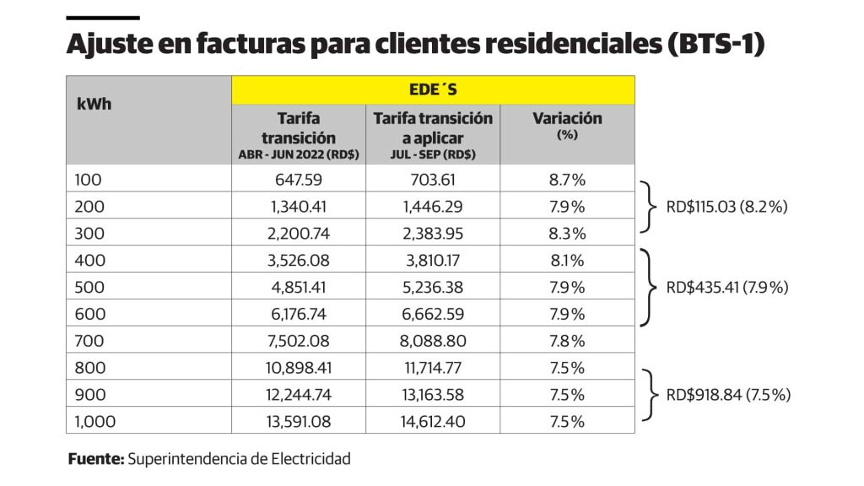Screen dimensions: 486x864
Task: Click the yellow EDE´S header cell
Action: (x=433, y=89)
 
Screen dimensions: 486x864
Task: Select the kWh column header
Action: (x=94, y=105)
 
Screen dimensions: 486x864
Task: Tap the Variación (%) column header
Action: (x=567, y=124)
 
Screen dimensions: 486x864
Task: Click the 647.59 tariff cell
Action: (x=299, y=180)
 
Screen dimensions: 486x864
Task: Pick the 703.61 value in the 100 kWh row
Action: (x=433, y=180)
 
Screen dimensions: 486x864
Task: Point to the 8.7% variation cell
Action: (x=567, y=180)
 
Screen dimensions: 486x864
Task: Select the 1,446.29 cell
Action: (x=433, y=207)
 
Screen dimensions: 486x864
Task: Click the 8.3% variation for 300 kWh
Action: (x=567, y=234)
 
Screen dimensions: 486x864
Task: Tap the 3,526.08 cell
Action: (x=299, y=261)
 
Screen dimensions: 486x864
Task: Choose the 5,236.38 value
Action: (x=433, y=288)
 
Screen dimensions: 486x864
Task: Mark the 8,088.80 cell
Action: (x=433, y=341)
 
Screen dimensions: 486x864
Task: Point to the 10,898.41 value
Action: (x=299, y=368)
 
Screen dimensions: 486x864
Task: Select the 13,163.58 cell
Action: (x=433, y=395)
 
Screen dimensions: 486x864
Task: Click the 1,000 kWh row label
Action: (x=94, y=422)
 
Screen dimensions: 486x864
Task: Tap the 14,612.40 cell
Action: (x=433, y=422)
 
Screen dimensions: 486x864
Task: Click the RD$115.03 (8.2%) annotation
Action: (x=726, y=206)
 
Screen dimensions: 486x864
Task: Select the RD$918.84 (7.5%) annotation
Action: (x=728, y=394)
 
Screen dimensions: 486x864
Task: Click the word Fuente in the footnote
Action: (x=95, y=459)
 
